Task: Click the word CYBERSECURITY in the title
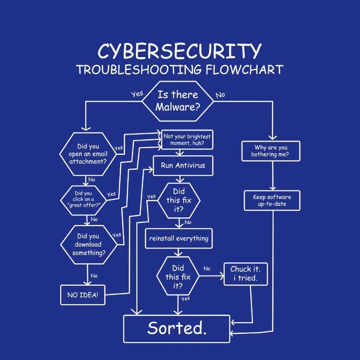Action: [179, 51]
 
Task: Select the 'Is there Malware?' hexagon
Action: [178, 101]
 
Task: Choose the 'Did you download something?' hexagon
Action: [88, 244]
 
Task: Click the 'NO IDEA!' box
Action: [83, 295]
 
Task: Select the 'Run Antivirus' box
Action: [183, 166]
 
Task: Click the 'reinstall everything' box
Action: [179, 238]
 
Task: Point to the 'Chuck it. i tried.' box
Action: [245, 274]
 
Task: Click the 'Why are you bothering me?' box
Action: [271, 151]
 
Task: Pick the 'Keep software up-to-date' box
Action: [272, 200]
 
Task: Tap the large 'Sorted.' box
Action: [177, 328]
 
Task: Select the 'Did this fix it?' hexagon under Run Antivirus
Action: [179, 200]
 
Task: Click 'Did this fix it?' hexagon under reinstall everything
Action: [178, 276]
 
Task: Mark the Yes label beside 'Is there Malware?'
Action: [137, 94]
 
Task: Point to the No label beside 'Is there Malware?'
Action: [220, 95]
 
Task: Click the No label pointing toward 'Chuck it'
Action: [207, 269]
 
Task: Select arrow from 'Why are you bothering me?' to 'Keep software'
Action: [272, 175]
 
